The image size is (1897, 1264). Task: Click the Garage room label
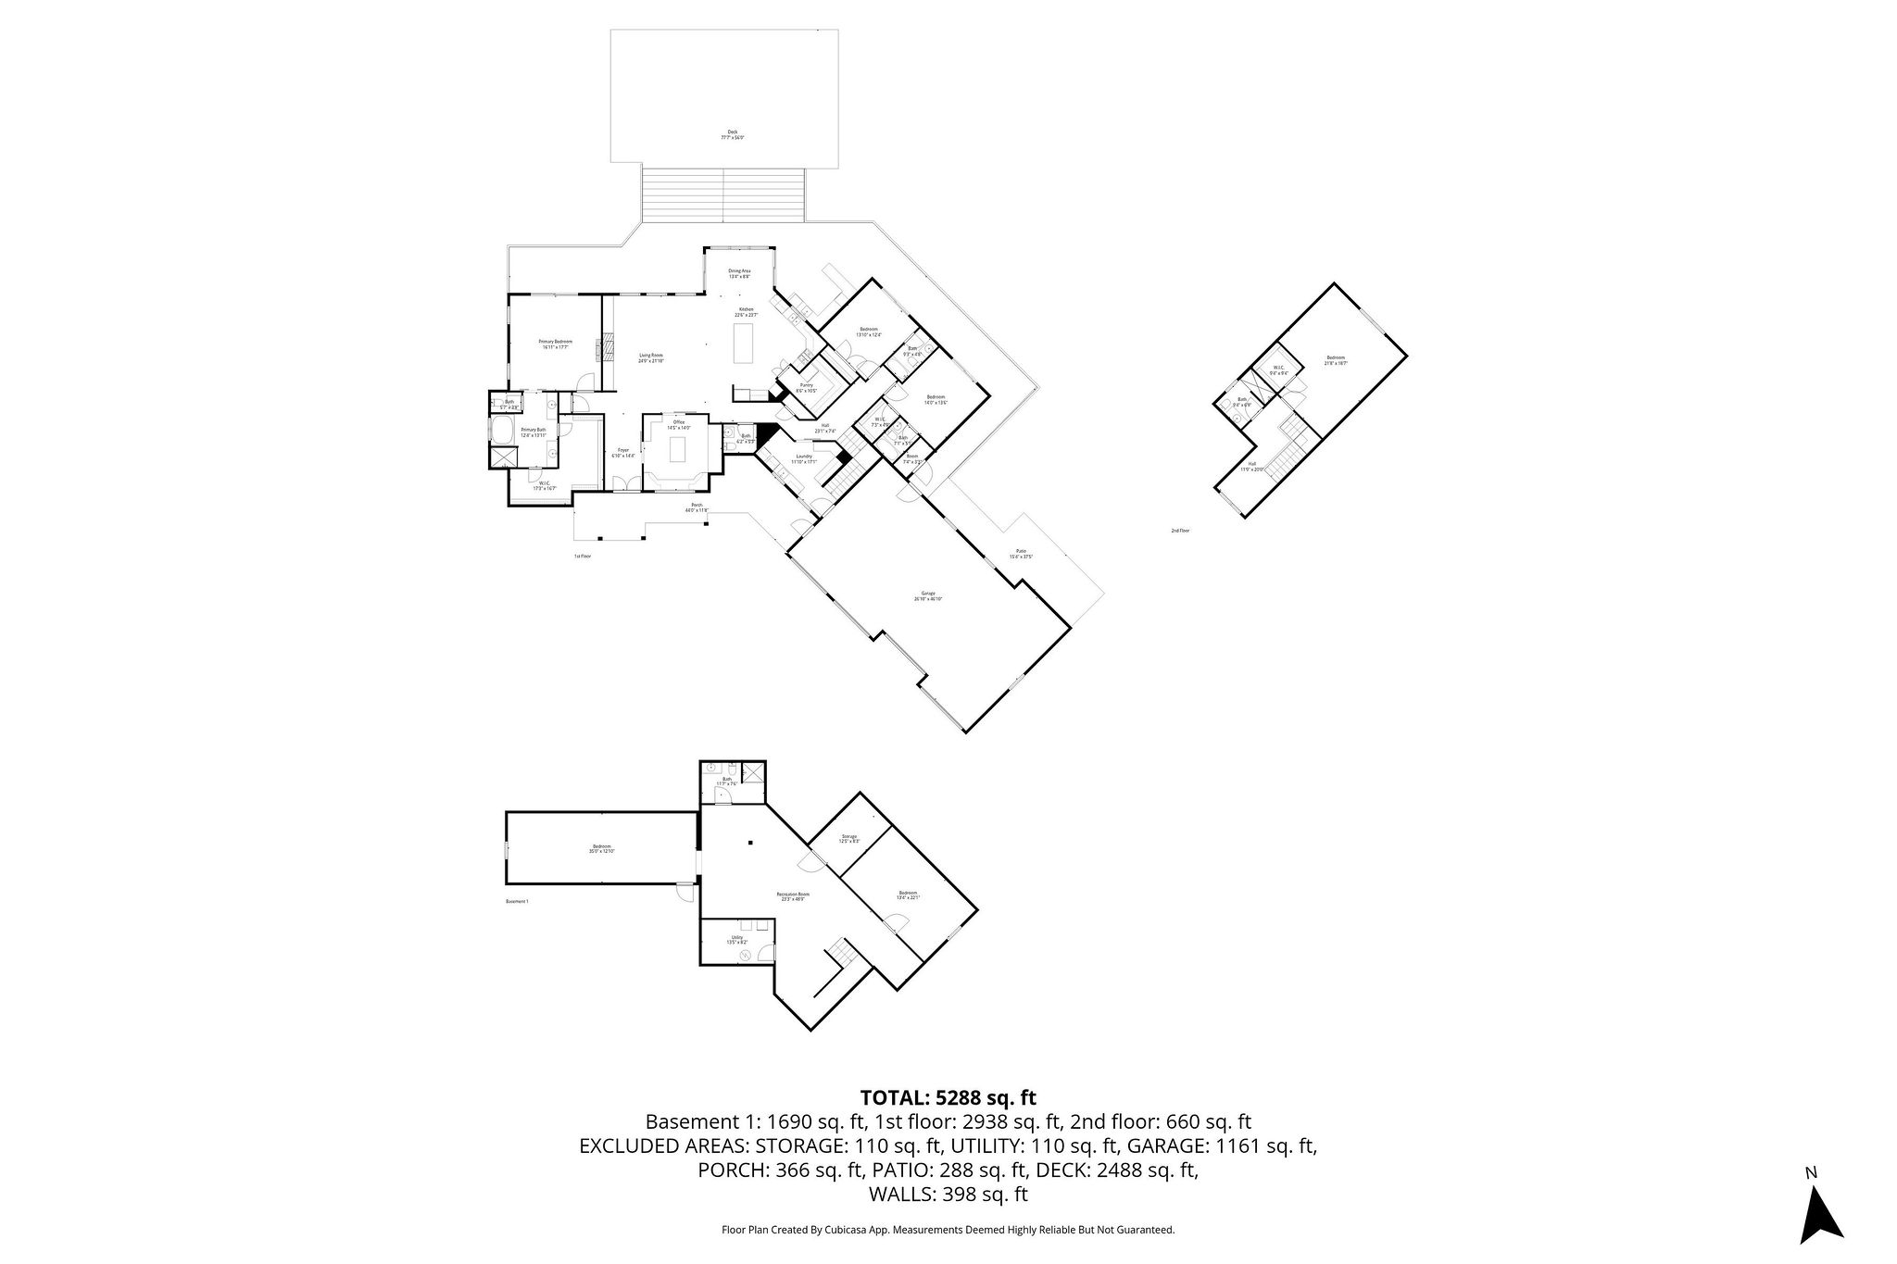coord(927,595)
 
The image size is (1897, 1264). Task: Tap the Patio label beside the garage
coord(1021,554)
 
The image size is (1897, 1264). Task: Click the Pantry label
coord(807,387)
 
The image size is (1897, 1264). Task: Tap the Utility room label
coord(737,939)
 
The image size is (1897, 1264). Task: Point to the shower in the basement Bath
coord(753,773)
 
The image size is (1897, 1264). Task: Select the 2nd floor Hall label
coord(1251,466)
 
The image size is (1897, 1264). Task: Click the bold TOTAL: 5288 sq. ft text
coord(948,1098)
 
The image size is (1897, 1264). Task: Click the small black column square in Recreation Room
coord(752,843)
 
